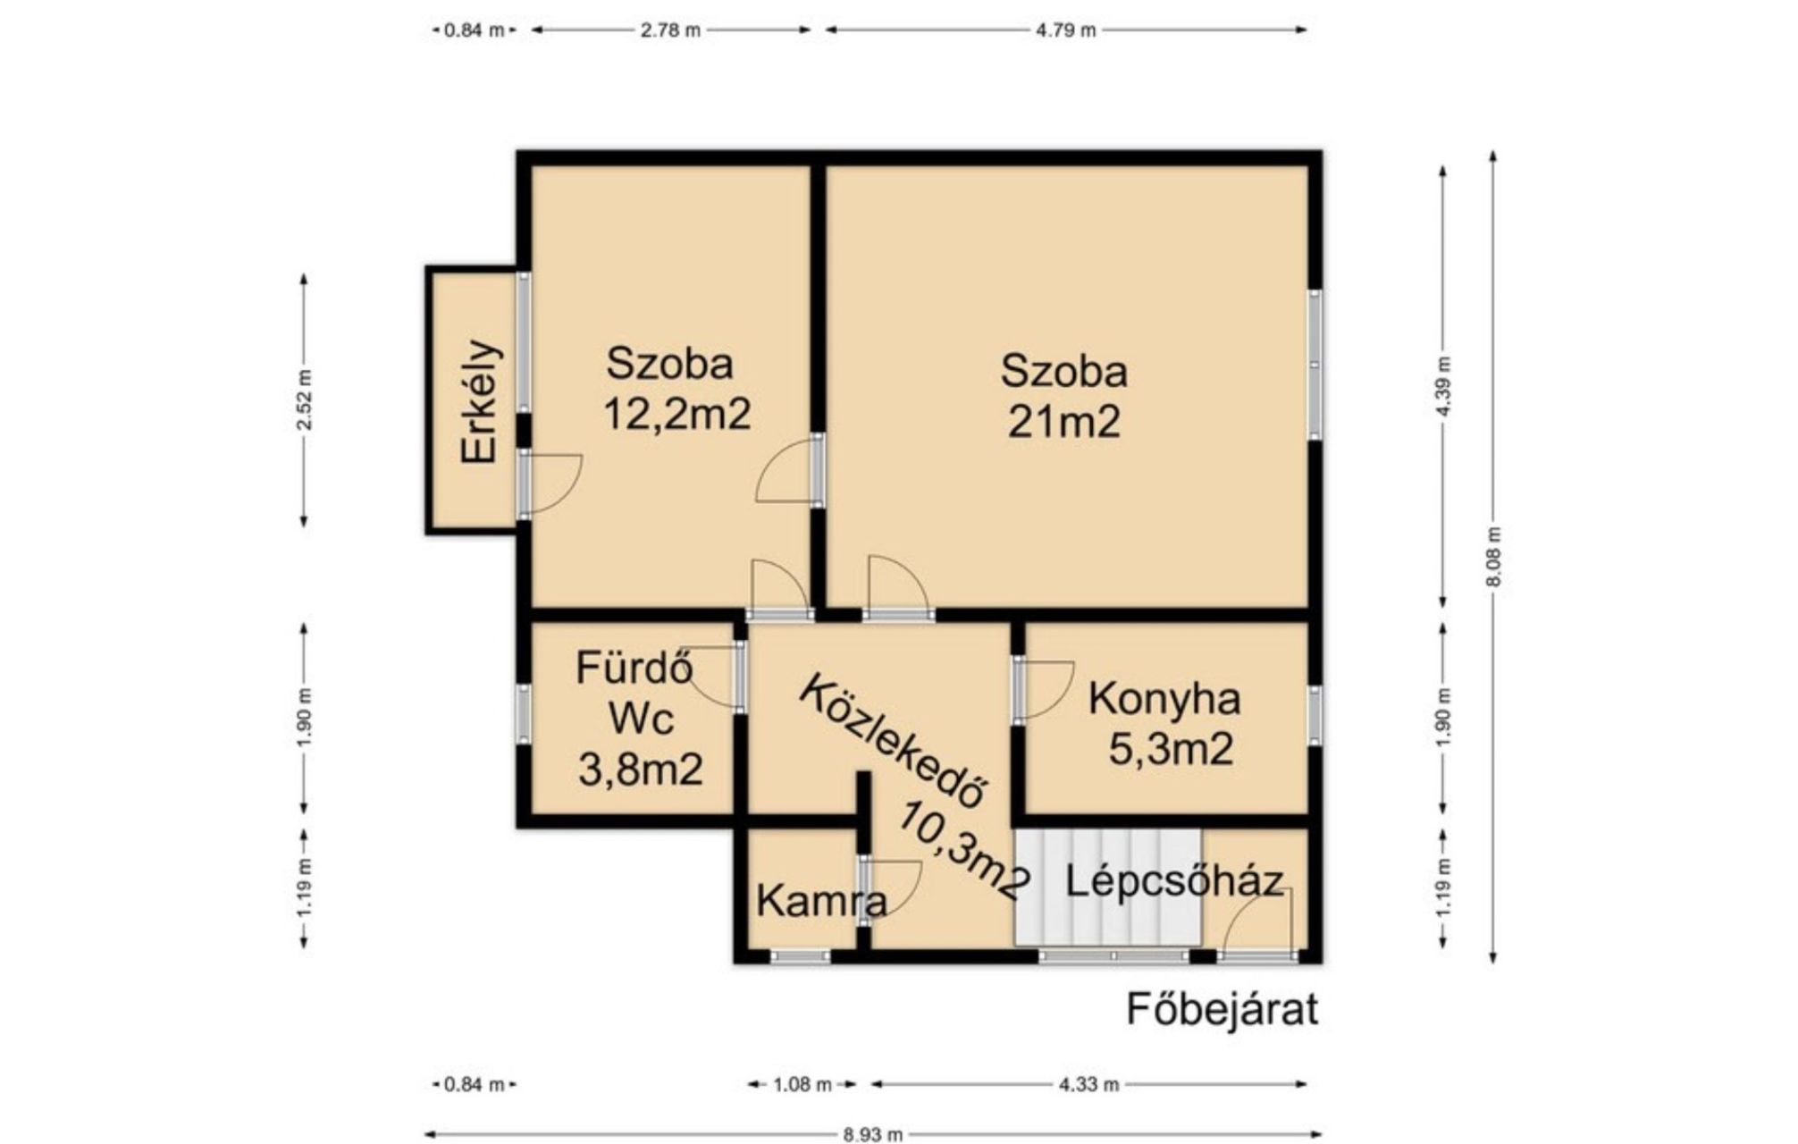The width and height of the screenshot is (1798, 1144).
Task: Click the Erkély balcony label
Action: [x=480, y=401]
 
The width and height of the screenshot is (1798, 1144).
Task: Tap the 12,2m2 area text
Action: [x=676, y=414]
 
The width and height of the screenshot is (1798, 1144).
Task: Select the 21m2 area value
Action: [x=1063, y=422]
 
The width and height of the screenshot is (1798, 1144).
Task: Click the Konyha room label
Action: [x=1164, y=699]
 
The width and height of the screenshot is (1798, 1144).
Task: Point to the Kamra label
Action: [x=822, y=902]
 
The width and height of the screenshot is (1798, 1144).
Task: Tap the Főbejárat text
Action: [x=1222, y=1010]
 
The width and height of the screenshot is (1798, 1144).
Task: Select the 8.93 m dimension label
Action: [x=872, y=1134]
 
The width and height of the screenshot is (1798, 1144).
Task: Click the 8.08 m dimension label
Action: [x=1493, y=557]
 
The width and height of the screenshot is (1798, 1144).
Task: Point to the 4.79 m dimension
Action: [x=1065, y=30]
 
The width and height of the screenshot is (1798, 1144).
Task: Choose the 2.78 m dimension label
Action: [x=670, y=30]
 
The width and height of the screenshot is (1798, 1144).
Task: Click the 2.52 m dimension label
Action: [x=305, y=399]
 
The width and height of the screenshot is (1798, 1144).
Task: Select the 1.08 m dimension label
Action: [x=802, y=1085]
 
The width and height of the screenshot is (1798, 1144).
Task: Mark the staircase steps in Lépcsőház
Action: [x=1108, y=887]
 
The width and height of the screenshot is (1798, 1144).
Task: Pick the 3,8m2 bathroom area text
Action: [x=640, y=769]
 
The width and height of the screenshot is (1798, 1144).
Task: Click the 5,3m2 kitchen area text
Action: [x=1171, y=748]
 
